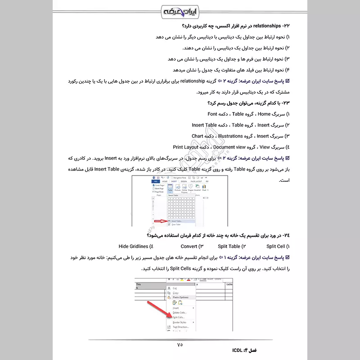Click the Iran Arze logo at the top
[x=180, y=10]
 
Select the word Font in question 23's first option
[x=212, y=114]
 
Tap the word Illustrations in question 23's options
[x=230, y=136]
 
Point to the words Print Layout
[x=185, y=147]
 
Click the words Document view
[x=229, y=147]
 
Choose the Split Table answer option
[x=229, y=246]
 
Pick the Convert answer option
[x=189, y=246]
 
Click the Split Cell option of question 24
[x=276, y=246]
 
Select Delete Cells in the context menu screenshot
[x=180, y=312]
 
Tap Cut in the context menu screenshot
[x=175, y=288]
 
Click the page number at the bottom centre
[x=180, y=345]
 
